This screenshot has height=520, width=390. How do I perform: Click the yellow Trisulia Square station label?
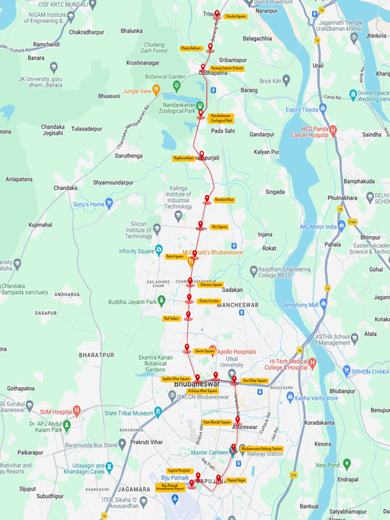[x=235, y=16]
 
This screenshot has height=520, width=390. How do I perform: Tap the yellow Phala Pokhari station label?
[x=191, y=48]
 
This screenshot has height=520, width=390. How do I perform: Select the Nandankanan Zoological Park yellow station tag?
[x=221, y=118]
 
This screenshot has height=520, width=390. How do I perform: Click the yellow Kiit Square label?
[x=219, y=227]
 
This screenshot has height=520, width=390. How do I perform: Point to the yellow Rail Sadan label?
[x=171, y=318]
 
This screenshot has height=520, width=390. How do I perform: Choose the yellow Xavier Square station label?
[x=204, y=351]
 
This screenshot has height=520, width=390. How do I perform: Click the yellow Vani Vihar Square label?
[x=254, y=380]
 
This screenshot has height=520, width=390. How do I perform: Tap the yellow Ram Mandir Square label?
[x=217, y=422]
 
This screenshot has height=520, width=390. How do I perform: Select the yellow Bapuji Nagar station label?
[x=236, y=479]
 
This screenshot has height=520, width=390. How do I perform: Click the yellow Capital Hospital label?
[x=179, y=471]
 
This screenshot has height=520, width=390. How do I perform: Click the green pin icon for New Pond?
[x=347, y=463]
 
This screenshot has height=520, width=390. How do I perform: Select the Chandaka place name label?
[x=66, y=188]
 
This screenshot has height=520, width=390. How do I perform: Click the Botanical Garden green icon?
[x=177, y=85]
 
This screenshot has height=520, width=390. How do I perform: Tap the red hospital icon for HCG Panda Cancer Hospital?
[x=333, y=130]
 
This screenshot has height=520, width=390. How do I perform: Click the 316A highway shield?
[x=352, y=221]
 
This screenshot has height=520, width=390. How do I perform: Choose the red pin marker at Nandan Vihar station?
[x=207, y=199]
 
